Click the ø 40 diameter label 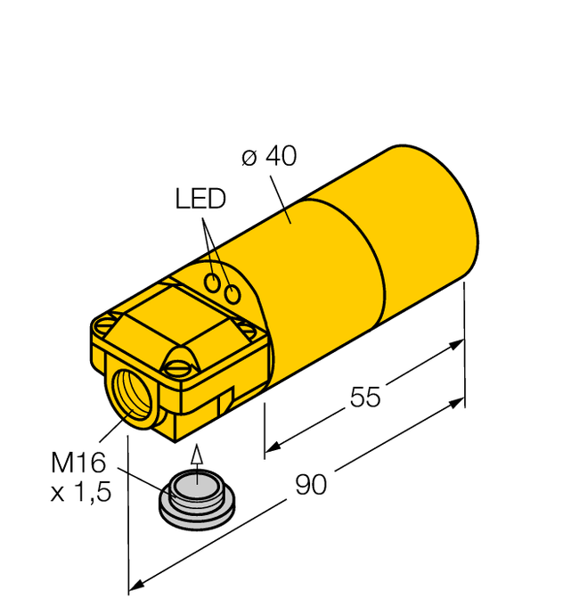[x=269, y=157]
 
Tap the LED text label [x=200, y=199]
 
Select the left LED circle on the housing [x=215, y=283]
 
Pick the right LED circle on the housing [x=233, y=293]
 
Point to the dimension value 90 [x=311, y=485]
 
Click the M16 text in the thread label [x=78, y=463]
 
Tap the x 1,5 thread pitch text [x=81, y=492]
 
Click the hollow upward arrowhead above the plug [x=197, y=457]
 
